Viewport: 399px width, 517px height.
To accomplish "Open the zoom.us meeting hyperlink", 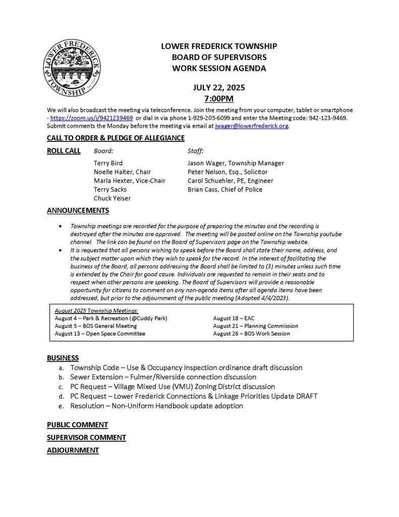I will [x=92, y=118].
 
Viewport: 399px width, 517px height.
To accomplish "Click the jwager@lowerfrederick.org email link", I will [x=252, y=126].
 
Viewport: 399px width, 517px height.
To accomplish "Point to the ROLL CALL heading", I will [x=64, y=150].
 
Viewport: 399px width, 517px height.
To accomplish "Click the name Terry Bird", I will [x=108, y=163].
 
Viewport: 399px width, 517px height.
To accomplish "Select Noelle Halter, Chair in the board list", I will [x=122, y=172].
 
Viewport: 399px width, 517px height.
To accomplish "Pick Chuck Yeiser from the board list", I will [x=112, y=198].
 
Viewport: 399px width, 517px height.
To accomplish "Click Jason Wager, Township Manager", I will [x=236, y=163].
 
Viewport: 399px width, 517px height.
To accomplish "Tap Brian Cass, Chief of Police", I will [x=224, y=189].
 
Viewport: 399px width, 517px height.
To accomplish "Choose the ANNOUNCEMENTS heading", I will [x=78, y=211].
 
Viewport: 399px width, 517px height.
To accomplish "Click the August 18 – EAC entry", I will [x=235, y=319].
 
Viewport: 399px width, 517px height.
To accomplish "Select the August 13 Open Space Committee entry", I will [x=100, y=334].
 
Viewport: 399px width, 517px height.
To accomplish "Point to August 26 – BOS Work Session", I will [x=251, y=334].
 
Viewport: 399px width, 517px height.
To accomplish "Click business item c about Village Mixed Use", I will [x=173, y=386].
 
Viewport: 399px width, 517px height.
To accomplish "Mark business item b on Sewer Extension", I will [x=163, y=377].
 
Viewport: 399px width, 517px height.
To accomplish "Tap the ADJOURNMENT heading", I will [x=73, y=450].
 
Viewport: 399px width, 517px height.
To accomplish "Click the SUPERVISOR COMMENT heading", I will [x=86, y=437].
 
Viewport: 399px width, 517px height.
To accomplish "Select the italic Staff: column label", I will [x=195, y=150].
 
